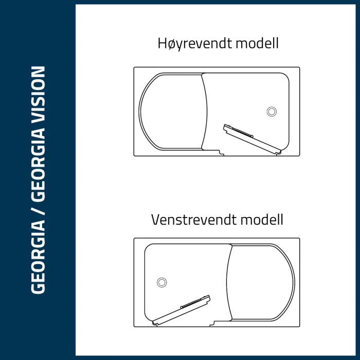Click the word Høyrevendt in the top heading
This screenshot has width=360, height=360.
click(194, 44)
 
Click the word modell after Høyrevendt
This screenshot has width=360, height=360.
click(257, 44)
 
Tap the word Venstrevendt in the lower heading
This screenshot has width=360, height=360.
click(191, 220)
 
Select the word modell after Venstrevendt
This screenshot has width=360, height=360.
click(261, 220)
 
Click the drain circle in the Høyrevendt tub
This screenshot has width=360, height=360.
click(272, 111)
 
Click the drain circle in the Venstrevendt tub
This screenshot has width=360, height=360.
click(162, 282)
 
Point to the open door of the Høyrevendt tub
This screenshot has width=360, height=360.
click(251, 139)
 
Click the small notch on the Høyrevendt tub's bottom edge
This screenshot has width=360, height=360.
click(221, 152)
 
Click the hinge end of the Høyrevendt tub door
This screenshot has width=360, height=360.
click(278, 152)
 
